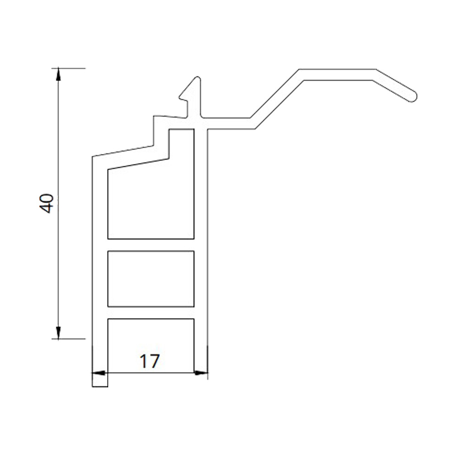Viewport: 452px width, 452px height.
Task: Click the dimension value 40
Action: pos(47,203)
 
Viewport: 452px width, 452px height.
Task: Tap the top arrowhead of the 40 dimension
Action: pos(58,73)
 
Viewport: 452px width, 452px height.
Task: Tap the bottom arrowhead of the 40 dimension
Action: pos(58,333)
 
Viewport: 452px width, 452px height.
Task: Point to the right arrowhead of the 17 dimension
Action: pos(202,373)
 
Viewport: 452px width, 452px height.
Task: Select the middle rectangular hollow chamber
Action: pos(151,278)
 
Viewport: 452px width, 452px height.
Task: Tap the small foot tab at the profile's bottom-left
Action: pos(100,382)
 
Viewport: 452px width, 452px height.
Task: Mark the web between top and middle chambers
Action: pos(151,245)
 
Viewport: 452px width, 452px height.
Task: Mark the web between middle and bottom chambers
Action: pos(151,312)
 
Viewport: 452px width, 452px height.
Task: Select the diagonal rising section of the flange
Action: pos(276,99)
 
